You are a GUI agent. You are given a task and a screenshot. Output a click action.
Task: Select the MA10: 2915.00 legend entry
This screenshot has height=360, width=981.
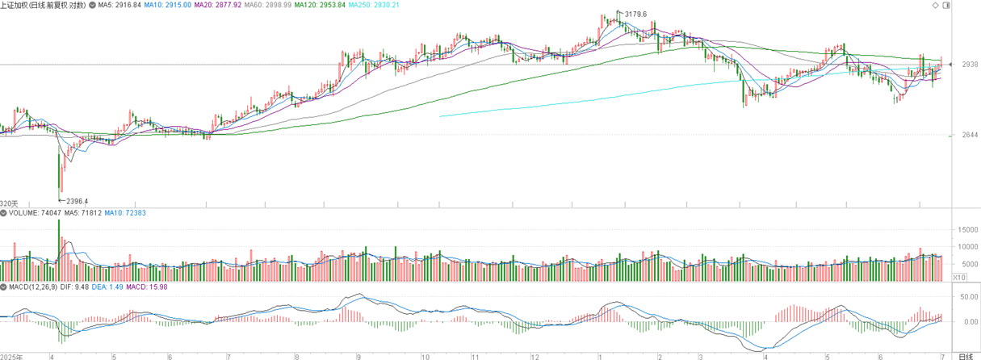tap(168, 5)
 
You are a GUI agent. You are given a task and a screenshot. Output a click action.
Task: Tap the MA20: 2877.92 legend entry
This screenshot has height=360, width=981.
tap(218, 5)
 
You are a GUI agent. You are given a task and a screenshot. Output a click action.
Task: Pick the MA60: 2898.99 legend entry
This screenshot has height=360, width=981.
tap(267, 5)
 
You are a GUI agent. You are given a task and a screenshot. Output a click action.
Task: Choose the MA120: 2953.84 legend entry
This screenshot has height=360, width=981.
tap(320, 5)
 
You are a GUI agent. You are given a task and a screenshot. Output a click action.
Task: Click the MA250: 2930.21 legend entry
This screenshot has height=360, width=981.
tap(374, 5)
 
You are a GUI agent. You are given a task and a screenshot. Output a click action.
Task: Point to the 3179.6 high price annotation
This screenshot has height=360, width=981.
tap(635, 14)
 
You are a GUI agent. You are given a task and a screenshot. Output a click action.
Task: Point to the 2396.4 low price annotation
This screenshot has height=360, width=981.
tap(77, 201)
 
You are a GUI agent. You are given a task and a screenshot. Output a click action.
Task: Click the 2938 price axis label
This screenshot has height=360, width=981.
tap(970, 65)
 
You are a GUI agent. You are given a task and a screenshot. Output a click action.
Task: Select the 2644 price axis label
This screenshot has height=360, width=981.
tap(970, 135)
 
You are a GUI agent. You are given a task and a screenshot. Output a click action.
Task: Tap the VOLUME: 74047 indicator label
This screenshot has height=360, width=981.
tap(35, 213)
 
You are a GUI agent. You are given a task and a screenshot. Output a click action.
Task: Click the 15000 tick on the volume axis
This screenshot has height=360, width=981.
tap(964, 229)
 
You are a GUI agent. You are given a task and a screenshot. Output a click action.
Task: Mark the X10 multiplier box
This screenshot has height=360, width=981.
tap(959, 277)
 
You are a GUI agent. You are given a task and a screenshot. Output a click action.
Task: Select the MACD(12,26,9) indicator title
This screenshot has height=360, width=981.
tap(33, 287)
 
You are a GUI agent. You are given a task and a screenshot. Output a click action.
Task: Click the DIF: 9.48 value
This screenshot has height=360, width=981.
tap(74, 287)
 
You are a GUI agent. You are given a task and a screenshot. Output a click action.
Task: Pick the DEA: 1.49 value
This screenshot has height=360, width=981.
tap(107, 287)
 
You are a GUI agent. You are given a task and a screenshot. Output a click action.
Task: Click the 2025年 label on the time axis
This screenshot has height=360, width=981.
tap(11, 357)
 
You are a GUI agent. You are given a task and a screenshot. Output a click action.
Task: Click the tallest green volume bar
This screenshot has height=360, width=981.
tap(59, 250)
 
